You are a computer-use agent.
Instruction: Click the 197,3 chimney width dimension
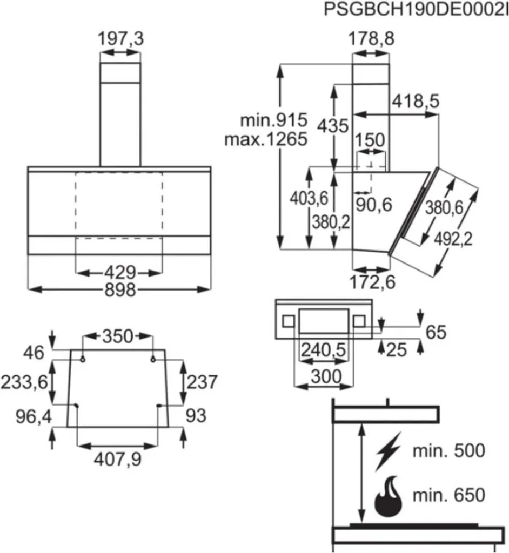coord(120,39)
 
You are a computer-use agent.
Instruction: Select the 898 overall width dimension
coord(119,289)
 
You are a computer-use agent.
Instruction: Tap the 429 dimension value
coord(120,271)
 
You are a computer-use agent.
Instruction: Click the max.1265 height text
coord(266,139)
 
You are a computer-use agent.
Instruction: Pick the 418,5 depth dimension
coord(416,101)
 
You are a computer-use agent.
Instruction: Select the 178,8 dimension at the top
coord(370,39)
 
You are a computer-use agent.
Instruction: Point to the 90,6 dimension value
coord(373,204)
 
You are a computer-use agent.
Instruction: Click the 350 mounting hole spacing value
coord(117,336)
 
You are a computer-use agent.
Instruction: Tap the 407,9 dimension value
coord(118,459)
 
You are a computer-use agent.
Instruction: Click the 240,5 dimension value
coord(323,351)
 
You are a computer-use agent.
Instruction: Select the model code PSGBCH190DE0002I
coord(416,9)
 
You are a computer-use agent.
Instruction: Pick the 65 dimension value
coord(436,332)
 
